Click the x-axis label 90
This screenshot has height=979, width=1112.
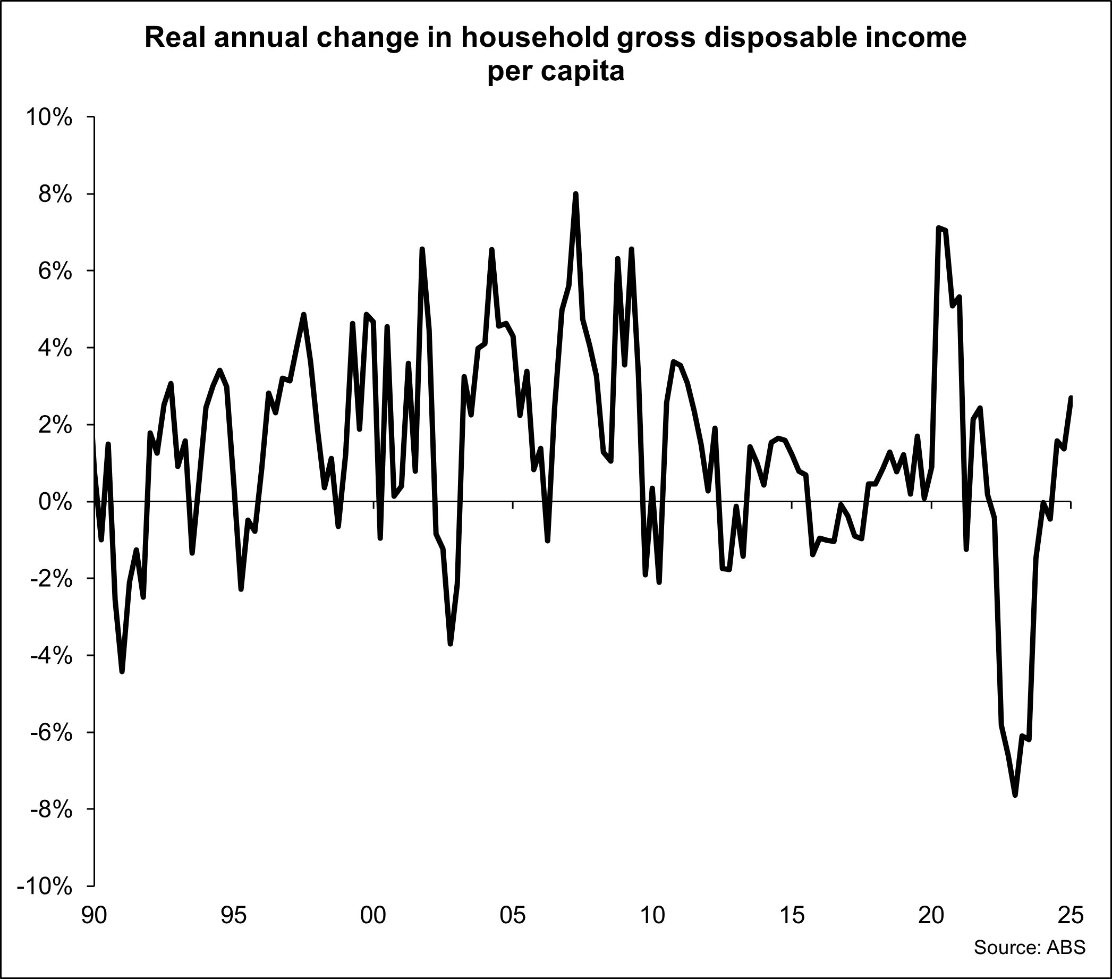click(x=94, y=916)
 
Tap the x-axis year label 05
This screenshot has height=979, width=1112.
click(x=513, y=916)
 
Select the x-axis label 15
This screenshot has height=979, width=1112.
click(x=792, y=916)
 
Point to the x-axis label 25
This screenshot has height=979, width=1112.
click(x=1071, y=916)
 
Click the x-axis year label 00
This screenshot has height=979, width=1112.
click(x=373, y=916)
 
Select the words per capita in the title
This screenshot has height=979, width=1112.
click(x=555, y=72)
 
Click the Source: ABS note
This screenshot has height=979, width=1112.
click(x=1029, y=947)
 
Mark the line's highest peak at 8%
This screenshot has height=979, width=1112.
click(x=575, y=194)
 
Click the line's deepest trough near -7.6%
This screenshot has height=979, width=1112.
click(x=1015, y=795)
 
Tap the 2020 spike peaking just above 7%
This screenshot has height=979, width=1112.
click(x=938, y=227)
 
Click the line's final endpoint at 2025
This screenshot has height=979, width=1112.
click(x=1071, y=397)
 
